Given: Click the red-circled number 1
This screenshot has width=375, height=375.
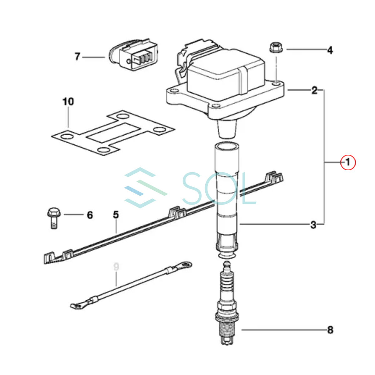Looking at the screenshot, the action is [x=348, y=162].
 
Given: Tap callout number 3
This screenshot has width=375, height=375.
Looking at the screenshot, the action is [x=313, y=225].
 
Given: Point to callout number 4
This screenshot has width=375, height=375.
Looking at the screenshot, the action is [x=330, y=50].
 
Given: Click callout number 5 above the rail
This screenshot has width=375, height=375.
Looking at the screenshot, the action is [x=116, y=215].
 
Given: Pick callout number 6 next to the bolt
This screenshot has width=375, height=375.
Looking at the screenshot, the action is [x=90, y=215].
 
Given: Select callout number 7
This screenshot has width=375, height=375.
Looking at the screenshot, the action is [x=77, y=57].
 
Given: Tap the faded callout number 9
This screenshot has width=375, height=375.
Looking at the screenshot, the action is [x=116, y=267].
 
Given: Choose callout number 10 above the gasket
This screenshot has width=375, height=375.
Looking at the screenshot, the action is [x=68, y=102].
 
